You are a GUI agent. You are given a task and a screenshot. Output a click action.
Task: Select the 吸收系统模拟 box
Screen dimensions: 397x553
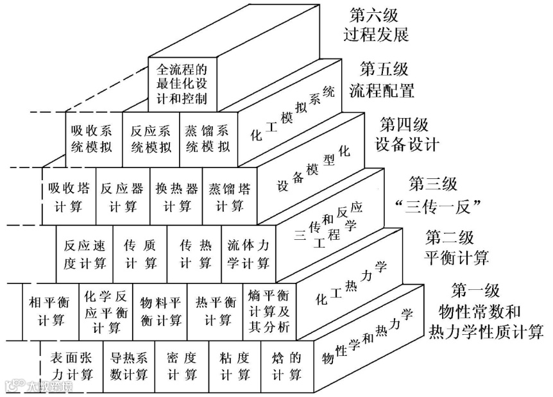click(92, 137)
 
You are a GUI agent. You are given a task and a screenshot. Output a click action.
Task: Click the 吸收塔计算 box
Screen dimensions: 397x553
click(69, 197)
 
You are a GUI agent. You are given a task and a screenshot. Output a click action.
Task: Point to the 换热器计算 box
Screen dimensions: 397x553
click(176, 197)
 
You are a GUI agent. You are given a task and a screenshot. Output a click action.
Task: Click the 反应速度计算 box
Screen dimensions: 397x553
click(85, 254)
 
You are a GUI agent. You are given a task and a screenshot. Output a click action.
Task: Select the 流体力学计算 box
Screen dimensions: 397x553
click(248, 254)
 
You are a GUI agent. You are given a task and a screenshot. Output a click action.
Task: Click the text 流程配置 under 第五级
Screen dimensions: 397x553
click(381, 90)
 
